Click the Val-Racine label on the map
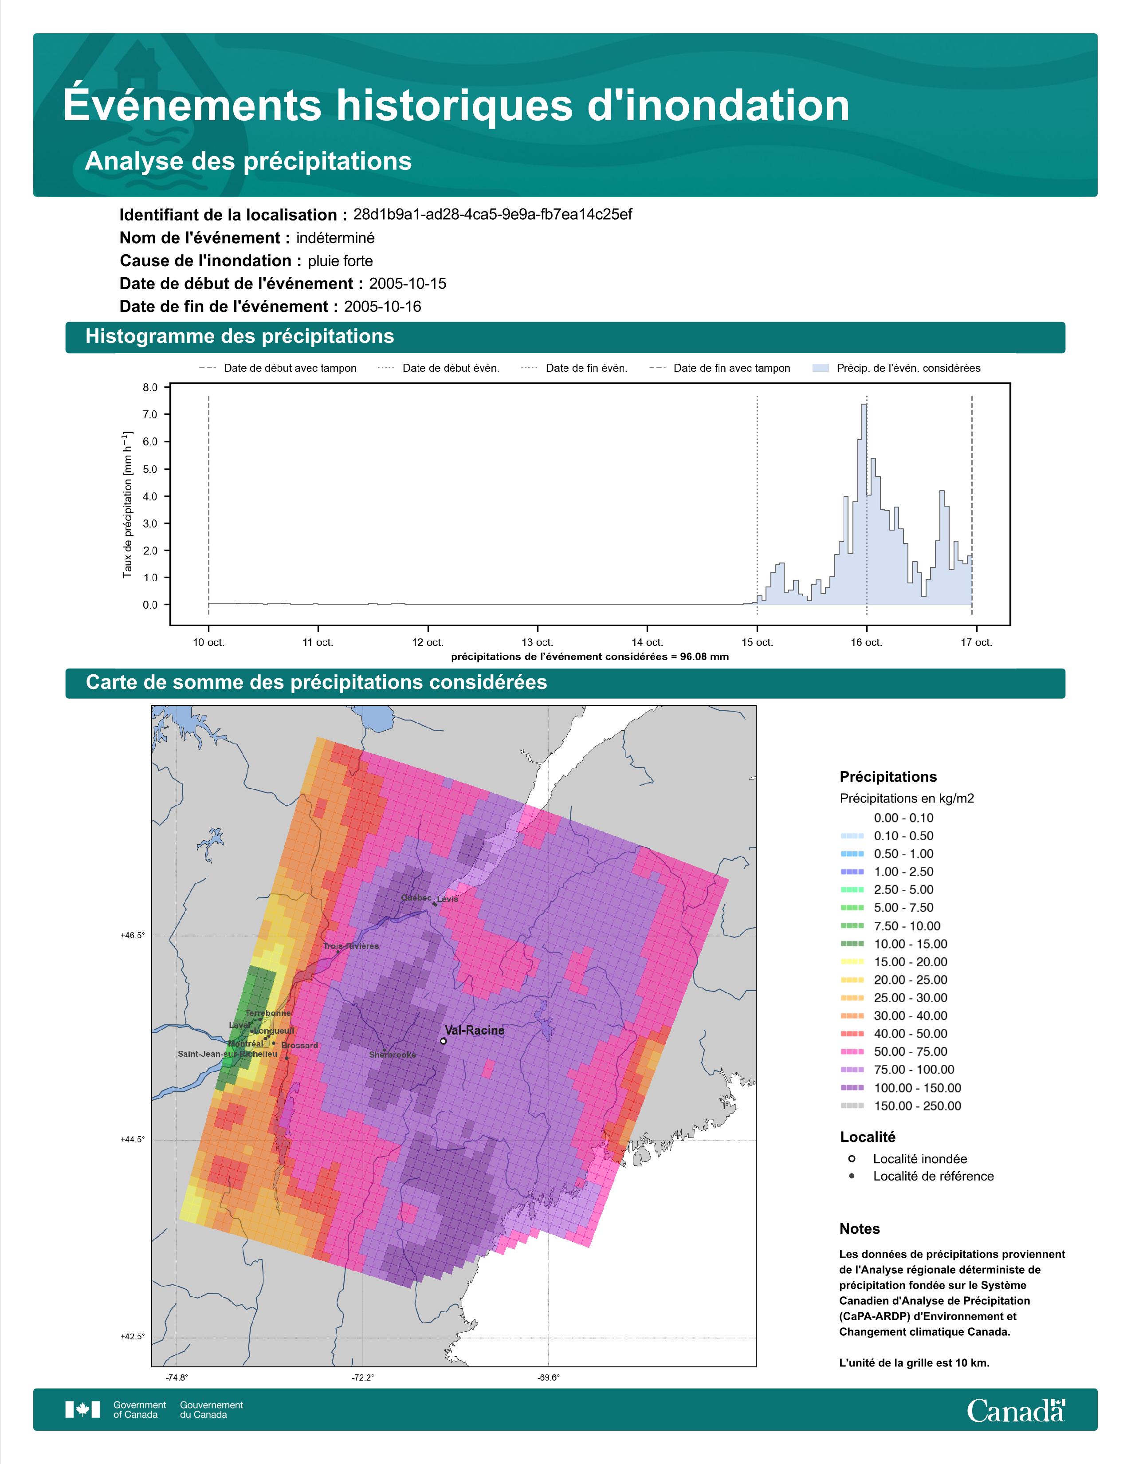(x=475, y=1030)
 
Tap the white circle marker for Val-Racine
(x=444, y=1041)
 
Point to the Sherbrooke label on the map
(x=393, y=1055)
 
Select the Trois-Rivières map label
(x=351, y=946)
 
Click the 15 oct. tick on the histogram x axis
(x=757, y=642)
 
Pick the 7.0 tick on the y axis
(x=150, y=415)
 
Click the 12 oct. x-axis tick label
(x=428, y=642)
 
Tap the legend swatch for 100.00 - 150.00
(x=852, y=1087)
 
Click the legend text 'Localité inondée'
(x=920, y=1158)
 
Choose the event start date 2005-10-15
(x=407, y=283)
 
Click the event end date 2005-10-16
(x=383, y=307)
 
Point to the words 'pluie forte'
(x=340, y=261)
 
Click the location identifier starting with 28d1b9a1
(x=492, y=215)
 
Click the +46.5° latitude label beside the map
(x=133, y=935)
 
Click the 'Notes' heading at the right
(x=860, y=1229)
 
